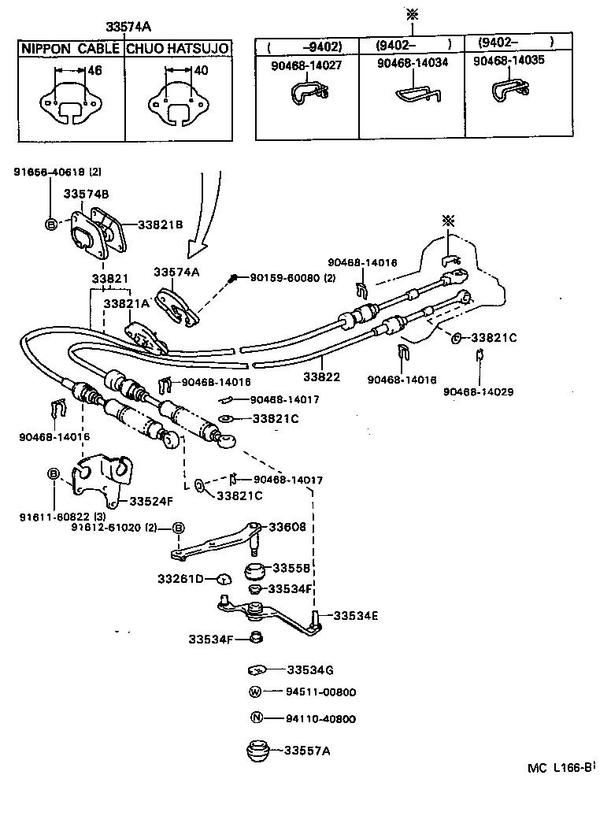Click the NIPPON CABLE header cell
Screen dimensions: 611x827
[x=71, y=49]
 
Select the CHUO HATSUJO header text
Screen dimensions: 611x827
[x=178, y=49]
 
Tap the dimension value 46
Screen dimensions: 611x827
[x=94, y=70]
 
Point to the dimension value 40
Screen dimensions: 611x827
[x=201, y=70]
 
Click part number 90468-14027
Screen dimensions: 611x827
[x=306, y=65]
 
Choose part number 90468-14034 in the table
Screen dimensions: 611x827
[x=413, y=63]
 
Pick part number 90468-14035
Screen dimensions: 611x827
[x=509, y=60]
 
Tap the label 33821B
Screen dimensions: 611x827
[x=161, y=224]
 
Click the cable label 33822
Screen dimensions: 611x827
[x=321, y=376]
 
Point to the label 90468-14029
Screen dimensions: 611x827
[x=478, y=392]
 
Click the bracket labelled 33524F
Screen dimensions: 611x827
[x=102, y=479]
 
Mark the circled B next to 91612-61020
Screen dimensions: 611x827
[x=179, y=528]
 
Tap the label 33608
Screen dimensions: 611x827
[x=287, y=527]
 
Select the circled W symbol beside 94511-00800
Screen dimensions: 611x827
[x=255, y=692]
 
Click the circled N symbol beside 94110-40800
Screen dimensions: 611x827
[x=256, y=718]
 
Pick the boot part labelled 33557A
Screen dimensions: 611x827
[x=257, y=751]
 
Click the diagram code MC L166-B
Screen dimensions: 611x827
[x=561, y=767]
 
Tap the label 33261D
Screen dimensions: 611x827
[x=180, y=579]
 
